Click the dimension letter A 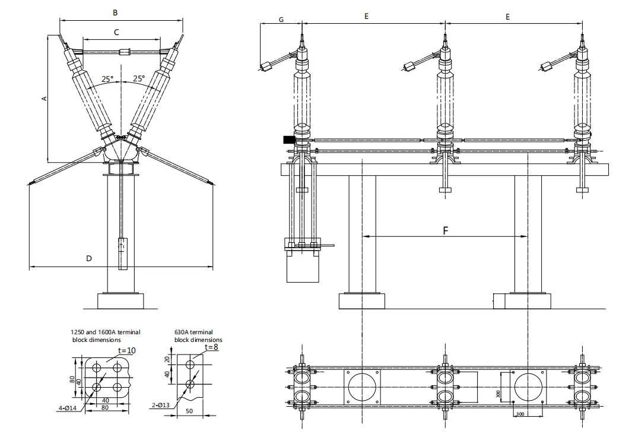click(x=44, y=99)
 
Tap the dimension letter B click(x=115, y=12)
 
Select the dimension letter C click(x=116, y=31)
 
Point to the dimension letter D click(x=89, y=258)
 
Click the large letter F click(x=446, y=230)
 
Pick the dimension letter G click(x=281, y=19)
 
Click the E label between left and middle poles click(x=366, y=17)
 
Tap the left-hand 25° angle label click(x=107, y=78)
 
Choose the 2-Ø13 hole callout click(x=160, y=406)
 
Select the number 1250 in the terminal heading click(x=78, y=332)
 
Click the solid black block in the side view click(x=290, y=140)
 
